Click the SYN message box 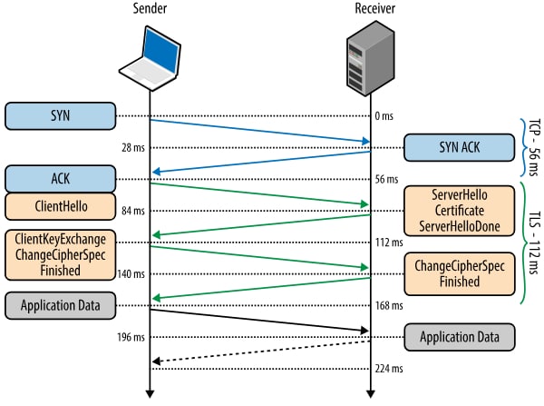(x=61, y=115)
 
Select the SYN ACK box (x=460, y=147)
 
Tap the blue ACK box (x=61, y=179)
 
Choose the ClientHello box (x=61, y=206)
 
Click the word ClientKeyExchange (x=61, y=239)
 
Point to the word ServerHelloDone (x=460, y=226)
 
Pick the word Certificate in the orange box (x=460, y=211)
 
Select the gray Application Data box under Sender (x=61, y=305)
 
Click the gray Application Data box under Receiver (x=460, y=337)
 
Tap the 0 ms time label (x=384, y=115)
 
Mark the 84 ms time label (x=133, y=211)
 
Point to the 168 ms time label (x=389, y=305)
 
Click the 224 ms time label (x=389, y=369)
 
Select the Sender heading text (x=150, y=8)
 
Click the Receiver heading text (x=374, y=8)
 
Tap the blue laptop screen (x=161, y=50)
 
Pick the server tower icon (x=371, y=58)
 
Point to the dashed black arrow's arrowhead (x=156, y=361)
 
